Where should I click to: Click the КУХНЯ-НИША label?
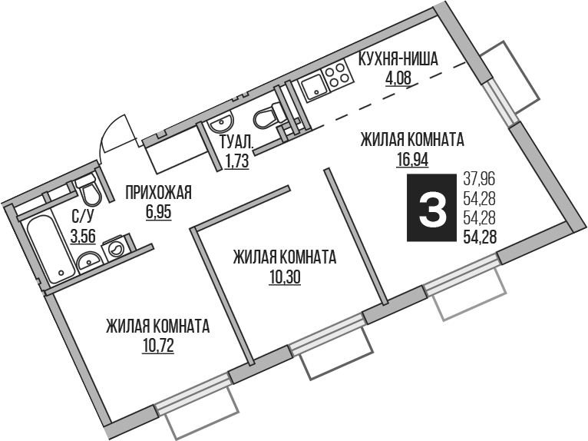click(x=398, y=60)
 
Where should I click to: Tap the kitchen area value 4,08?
click(x=398, y=78)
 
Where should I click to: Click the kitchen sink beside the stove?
click(x=314, y=88)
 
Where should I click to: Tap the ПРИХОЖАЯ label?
click(x=159, y=193)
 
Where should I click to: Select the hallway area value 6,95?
click(x=159, y=212)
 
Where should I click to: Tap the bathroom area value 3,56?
click(x=83, y=237)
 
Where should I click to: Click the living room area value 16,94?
click(x=412, y=159)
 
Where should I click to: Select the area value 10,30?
click(x=285, y=277)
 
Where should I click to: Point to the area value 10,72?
click(x=158, y=346)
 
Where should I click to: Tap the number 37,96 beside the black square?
click(x=480, y=179)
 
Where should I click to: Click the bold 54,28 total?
click(x=481, y=237)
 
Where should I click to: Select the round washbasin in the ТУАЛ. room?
click(x=221, y=124)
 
